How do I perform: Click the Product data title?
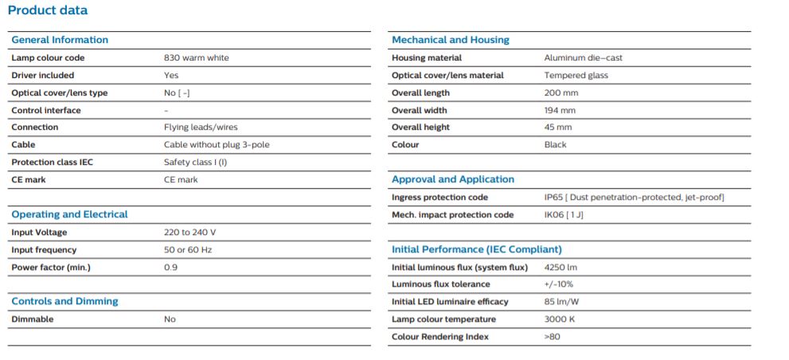48,10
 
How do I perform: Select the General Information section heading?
60,40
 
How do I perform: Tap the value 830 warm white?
196,58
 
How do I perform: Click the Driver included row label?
43,76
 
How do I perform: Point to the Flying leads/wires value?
201,127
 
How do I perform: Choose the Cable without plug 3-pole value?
217,145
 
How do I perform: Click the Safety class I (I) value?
195,162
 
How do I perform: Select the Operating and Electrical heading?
70,214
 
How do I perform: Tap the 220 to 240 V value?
189,233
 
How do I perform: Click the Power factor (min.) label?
51,268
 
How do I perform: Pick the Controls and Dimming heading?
65,301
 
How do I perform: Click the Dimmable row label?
32,319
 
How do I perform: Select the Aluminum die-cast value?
584,58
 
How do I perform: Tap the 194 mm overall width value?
560,110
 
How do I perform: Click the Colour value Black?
555,145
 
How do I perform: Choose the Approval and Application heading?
453,180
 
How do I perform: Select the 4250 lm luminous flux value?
561,268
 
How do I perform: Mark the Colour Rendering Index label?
440,337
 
